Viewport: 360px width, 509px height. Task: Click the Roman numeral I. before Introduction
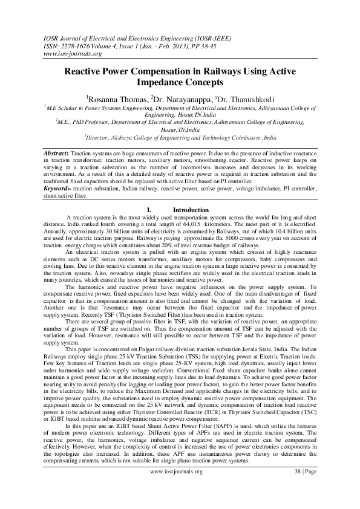point(149,210)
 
